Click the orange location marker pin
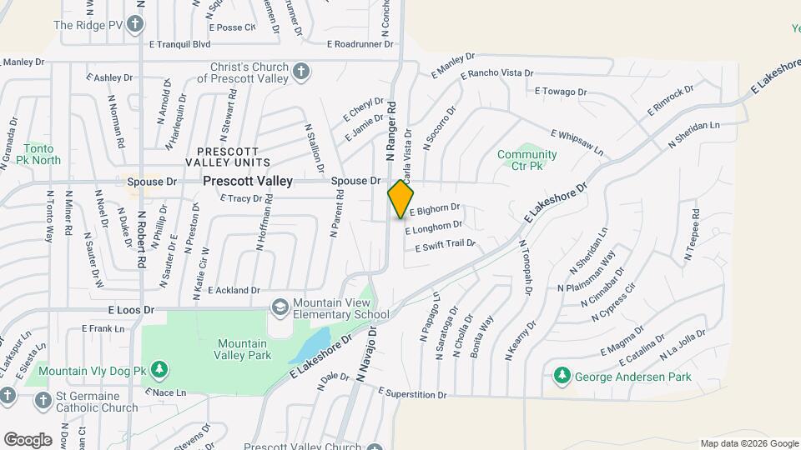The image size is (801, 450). point(400,198)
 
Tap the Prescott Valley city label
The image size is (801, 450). point(249,181)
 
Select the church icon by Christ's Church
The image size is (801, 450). point(301,72)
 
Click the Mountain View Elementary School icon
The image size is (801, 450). point(280,308)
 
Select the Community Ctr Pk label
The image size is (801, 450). point(526,160)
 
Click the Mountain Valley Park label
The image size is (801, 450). point(242,349)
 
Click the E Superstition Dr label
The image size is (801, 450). point(413,393)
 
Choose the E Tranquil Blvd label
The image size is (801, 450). point(179,44)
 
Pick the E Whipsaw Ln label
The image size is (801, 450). point(577,142)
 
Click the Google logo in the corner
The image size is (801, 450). point(28,439)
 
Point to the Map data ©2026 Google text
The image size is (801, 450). point(748,443)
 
